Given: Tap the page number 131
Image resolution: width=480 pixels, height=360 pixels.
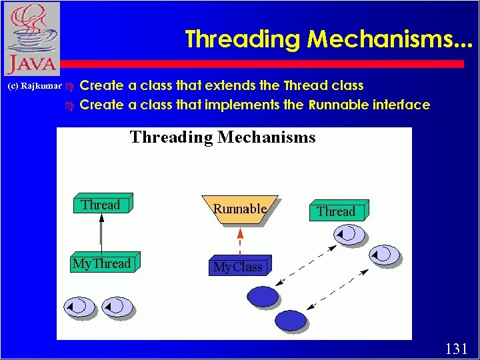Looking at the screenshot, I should (x=456, y=348).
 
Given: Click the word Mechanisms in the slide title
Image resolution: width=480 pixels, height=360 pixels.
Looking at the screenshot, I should (x=389, y=39).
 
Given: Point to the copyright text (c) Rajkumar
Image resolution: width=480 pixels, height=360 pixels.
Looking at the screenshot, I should (x=34, y=87).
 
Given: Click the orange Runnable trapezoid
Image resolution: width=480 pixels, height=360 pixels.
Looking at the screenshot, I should (x=240, y=209).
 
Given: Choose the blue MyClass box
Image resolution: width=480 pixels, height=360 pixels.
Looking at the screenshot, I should (x=238, y=267).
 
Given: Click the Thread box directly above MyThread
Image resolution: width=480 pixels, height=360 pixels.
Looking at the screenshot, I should (x=101, y=205).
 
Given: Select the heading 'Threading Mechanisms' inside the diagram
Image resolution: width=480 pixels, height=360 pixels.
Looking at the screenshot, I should (x=223, y=137).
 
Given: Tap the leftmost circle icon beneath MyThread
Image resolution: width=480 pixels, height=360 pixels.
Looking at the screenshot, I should (x=79, y=306).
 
